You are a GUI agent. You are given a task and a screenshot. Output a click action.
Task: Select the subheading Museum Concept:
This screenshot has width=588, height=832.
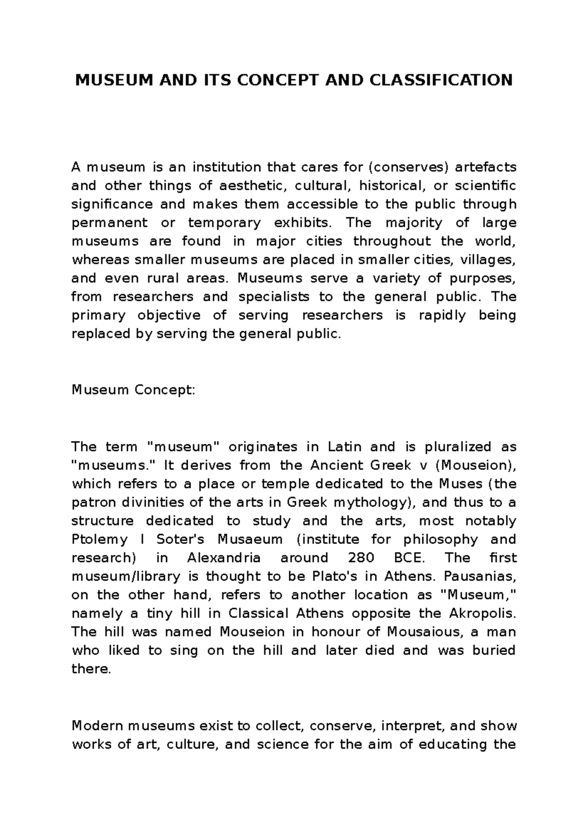tap(133, 390)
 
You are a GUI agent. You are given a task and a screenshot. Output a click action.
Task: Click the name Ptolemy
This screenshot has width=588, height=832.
tap(99, 539)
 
